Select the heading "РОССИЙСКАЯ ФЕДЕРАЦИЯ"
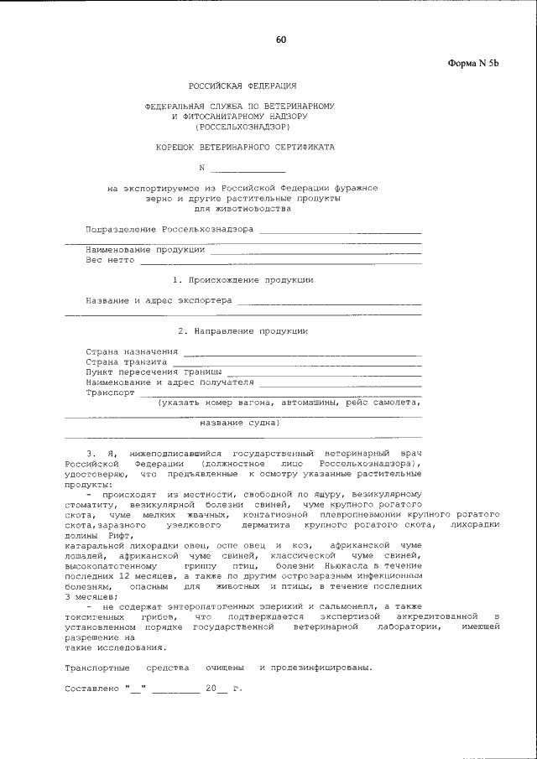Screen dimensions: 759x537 [241, 86]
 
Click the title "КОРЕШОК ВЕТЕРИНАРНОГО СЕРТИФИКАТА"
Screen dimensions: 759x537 [245, 146]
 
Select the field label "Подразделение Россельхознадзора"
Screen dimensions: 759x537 [169, 229]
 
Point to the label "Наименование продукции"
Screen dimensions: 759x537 [144, 249]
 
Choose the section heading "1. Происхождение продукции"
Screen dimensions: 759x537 [242, 279]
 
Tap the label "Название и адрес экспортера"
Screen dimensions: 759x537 [159, 299]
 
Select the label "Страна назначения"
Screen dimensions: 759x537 [133, 351]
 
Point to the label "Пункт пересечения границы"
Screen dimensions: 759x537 [154, 371]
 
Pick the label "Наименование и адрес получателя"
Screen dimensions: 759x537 [169, 381]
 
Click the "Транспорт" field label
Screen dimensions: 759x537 [110, 392]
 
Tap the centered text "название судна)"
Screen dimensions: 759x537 [239, 423]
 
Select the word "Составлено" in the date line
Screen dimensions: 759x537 [91, 689]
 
